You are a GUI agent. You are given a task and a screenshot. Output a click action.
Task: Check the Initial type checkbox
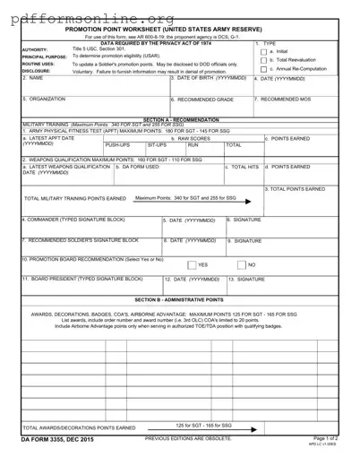[x=262, y=52]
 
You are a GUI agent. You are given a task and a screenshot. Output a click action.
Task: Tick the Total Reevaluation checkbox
[x=262, y=60]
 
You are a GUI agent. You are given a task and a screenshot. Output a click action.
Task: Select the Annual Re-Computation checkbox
[x=262, y=69]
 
